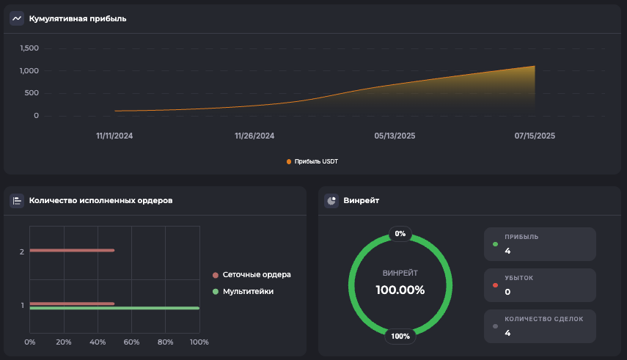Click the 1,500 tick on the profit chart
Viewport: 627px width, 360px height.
coord(29,48)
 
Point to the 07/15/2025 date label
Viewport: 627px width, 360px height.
coord(535,136)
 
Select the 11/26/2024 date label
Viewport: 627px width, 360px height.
coord(254,136)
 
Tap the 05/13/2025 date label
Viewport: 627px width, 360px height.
coord(395,136)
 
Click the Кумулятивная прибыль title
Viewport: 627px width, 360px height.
coord(78,18)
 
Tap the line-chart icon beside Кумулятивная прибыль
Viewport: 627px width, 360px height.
coord(17,18)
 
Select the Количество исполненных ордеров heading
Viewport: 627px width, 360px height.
coord(100,200)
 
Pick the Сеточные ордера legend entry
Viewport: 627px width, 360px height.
coord(256,275)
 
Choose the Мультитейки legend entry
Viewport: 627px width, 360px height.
coord(247,292)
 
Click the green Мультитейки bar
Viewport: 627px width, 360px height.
coord(114,308)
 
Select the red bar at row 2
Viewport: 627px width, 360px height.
coord(72,251)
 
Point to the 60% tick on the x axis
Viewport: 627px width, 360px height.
coord(131,342)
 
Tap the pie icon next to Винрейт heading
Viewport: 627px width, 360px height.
coord(331,200)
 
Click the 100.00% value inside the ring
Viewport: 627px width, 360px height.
coord(400,290)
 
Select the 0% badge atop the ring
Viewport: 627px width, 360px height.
coord(400,234)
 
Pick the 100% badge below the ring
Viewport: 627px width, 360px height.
coord(400,337)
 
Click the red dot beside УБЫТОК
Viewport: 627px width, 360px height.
coord(496,284)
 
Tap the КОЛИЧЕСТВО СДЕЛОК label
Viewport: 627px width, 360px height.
coord(545,319)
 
